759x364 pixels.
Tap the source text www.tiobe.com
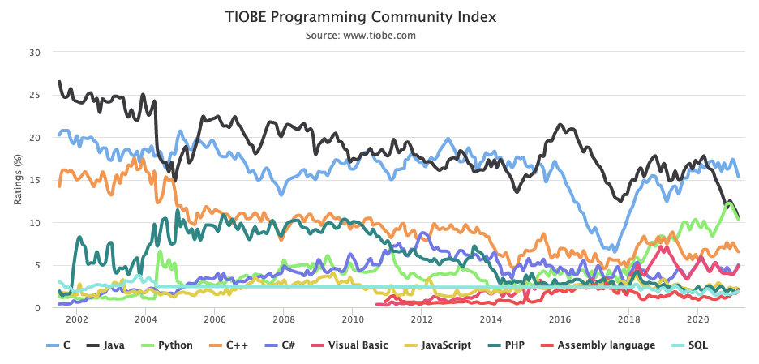coord(361,36)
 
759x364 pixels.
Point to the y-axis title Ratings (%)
coord(18,180)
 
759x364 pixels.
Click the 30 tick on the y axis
coord(34,53)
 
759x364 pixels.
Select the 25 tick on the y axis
coord(34,95)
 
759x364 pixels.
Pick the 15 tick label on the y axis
coord(34,180)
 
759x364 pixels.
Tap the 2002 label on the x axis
coord(76,320)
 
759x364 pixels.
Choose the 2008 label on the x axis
coord(283,320)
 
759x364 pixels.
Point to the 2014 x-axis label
coord(491,320)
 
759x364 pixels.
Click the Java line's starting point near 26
coord(59,82)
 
